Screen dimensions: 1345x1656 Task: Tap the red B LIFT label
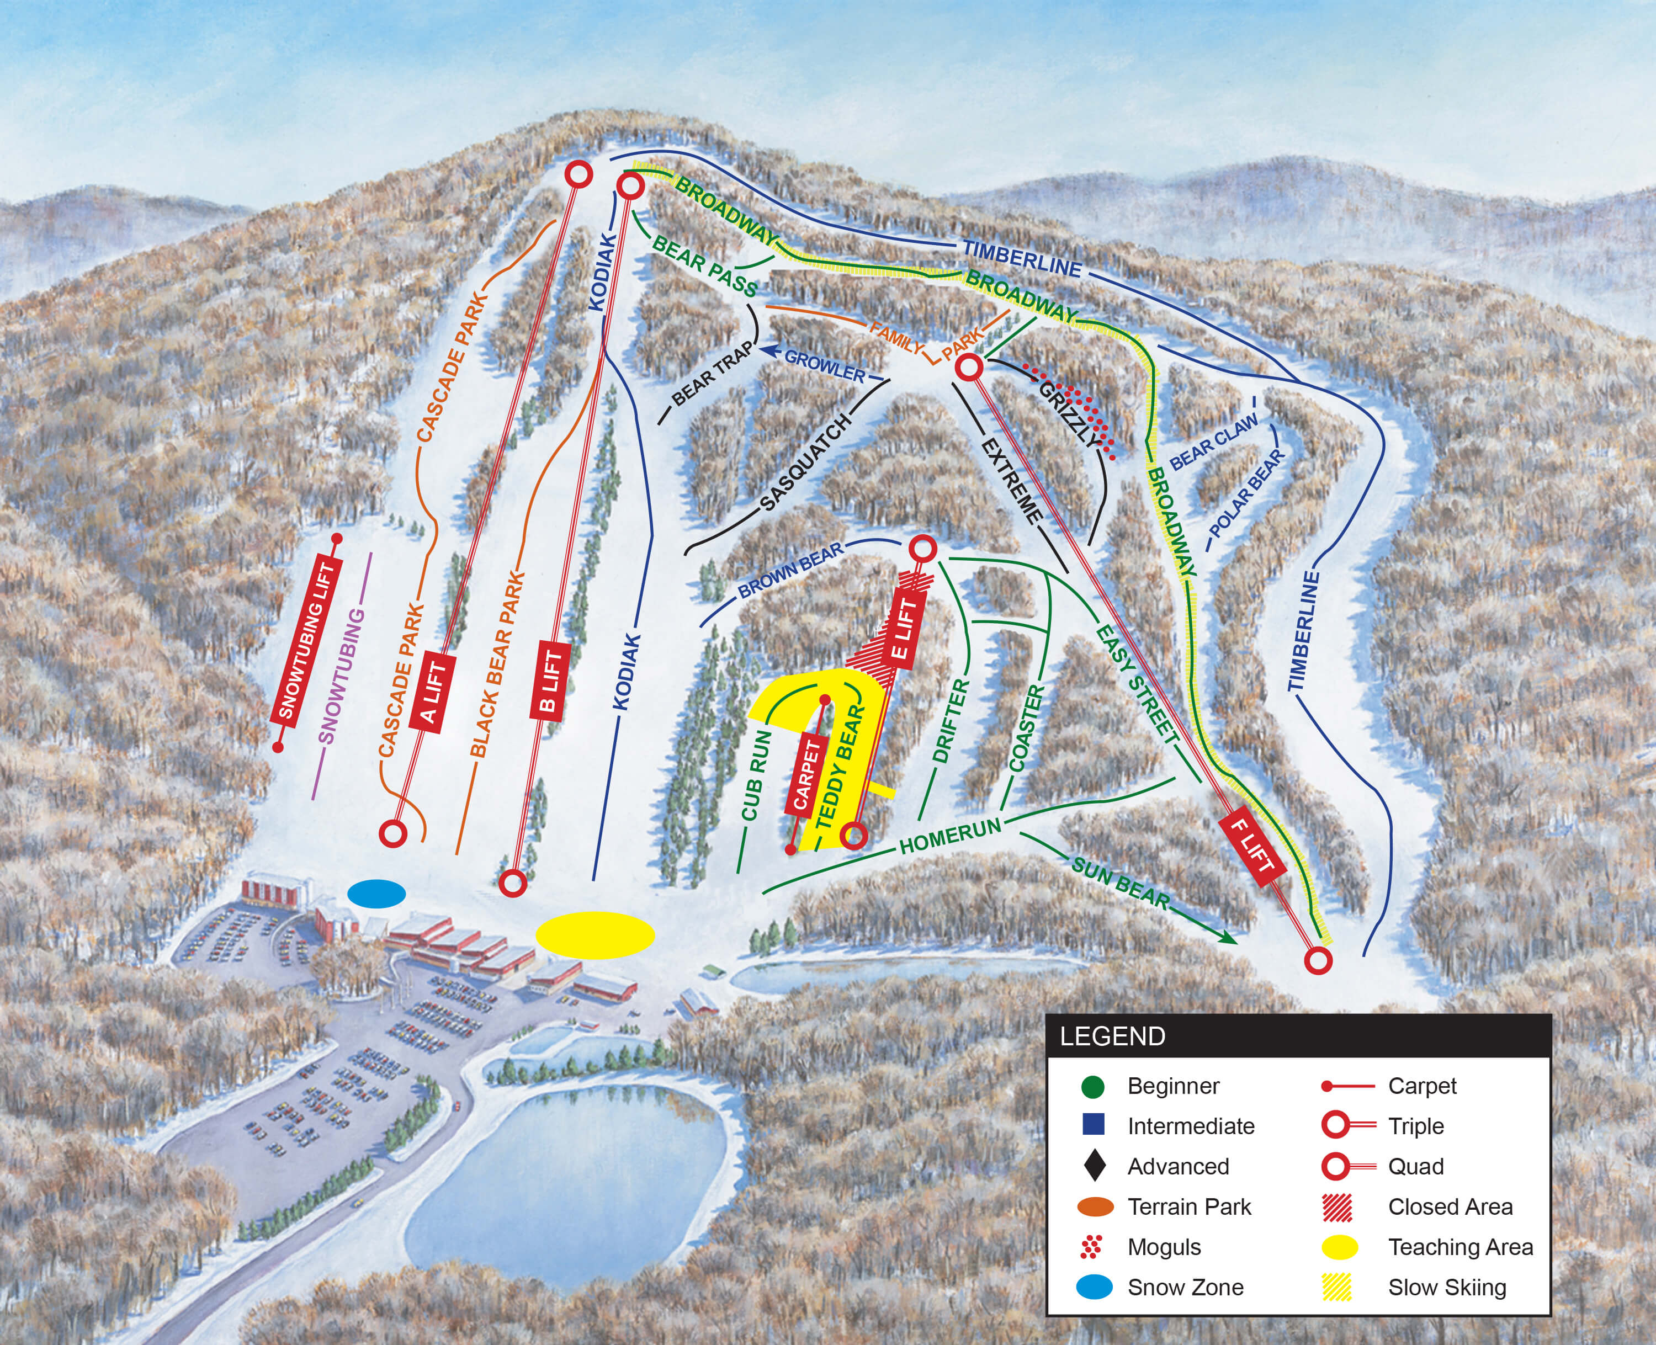(x=550, y=682)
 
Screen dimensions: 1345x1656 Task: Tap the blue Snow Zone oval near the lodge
(x=376, y=894)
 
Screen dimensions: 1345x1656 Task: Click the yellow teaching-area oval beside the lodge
(x=595, y=935)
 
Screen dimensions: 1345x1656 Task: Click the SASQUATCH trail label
(x=806, y=462)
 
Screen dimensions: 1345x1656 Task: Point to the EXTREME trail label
(x=1012, y=480)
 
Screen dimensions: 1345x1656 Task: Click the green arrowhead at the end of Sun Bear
(x=1228, y=938)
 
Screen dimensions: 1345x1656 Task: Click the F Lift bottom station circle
(x=1318, y=961)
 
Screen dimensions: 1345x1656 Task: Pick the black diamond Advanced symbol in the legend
(x=1094, y=1166)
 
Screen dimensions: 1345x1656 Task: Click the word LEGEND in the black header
(x=1112, y=1036)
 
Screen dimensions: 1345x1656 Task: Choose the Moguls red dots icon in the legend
(x=1091, y=1247)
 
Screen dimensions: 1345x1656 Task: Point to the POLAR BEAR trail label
(x=1246, y=493)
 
